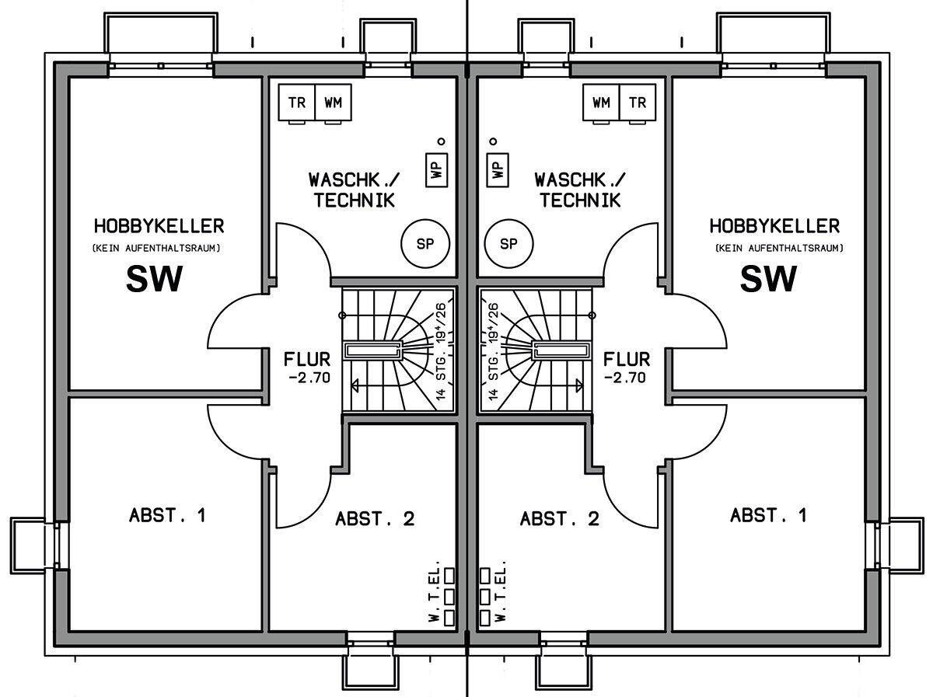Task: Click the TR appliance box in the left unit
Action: point(296,103)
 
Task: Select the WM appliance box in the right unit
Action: point(601,103)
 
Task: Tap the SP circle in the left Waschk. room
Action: point(425,244)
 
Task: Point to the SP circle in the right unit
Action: point(508,244)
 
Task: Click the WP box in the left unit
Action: point(437,168)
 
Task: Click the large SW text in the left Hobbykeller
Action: point(154,279)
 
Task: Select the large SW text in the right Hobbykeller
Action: point(768,279)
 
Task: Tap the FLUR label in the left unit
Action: point(308,360)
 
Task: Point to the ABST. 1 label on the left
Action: point(167,515)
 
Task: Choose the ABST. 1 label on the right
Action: point(769,515)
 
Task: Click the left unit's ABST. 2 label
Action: point(375,519)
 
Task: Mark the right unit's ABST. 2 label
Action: point(560,519)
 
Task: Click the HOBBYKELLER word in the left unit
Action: point(159,227)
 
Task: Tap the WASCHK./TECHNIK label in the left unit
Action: point(354,190)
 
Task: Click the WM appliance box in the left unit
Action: point(333,103)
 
